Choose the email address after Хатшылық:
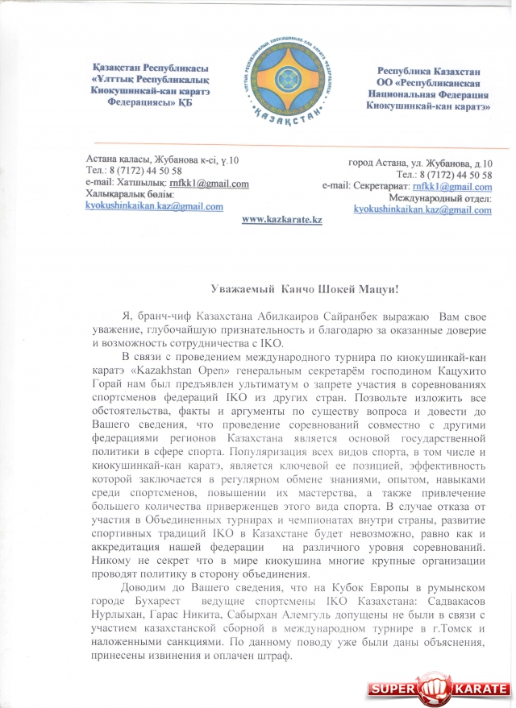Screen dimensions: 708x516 214,184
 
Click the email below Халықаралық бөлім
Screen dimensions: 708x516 154,206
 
